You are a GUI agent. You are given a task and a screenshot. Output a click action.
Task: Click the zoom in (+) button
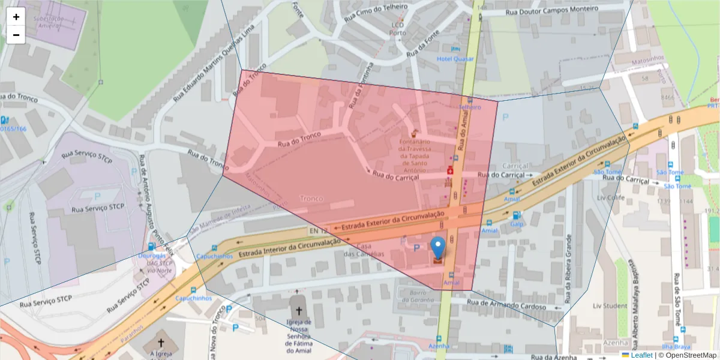coord(16,17)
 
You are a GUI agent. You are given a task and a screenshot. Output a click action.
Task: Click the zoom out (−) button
coord(16,35)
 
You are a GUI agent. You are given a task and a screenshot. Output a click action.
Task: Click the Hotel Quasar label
coord(455,59)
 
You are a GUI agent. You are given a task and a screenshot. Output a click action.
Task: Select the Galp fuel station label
coord(517,224)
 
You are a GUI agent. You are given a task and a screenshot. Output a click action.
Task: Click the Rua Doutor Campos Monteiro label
coord(552,10)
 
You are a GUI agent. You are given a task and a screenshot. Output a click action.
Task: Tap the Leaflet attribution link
coord(641,355)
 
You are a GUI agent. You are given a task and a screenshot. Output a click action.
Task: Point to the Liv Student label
coord(610,306)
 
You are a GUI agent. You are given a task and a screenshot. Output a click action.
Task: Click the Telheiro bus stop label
coord(470,107)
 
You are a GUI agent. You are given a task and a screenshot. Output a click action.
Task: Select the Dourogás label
coord(151,254)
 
